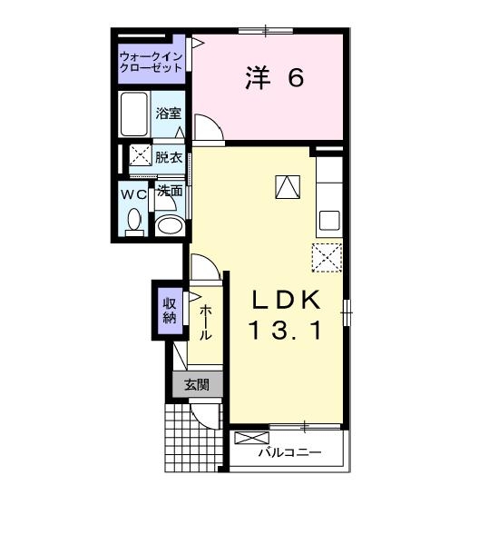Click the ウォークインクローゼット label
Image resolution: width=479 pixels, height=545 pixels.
pos(152,61)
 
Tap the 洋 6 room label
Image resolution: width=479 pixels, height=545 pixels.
pos(273,79)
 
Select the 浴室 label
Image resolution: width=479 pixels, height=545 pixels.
pos(168,114)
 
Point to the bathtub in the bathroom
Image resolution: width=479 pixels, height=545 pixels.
pos(135,114)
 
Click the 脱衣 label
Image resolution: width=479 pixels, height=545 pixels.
pos(168,157)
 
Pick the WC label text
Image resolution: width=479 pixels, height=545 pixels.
pos(133,193)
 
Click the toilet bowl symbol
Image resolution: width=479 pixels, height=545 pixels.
pos(134,221)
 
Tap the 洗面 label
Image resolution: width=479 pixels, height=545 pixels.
pos(170,192)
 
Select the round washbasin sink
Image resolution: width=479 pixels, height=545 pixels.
pos(168,225)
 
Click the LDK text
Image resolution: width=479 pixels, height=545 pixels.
pos(287,299)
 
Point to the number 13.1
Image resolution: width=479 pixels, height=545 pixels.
pos(286,332)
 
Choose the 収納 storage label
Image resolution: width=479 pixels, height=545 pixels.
pos(169,311)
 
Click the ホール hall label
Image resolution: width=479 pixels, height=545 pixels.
pos(206,322)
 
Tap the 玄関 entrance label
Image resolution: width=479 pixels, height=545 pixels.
pos(198,384)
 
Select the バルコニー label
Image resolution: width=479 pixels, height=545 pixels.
pos(289,451)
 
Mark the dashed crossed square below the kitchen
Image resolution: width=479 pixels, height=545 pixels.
pos(327,257)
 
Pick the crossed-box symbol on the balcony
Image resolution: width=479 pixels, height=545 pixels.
pos(246,438)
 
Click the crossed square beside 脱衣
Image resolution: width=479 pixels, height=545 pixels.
pos(140,156)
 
